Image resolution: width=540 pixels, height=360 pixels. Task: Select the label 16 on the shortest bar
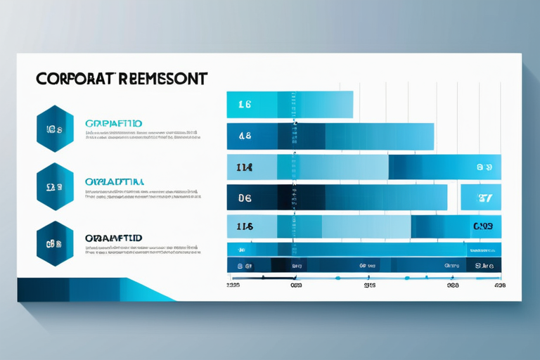tap(245, 105)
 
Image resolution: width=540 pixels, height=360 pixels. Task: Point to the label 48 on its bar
tap(245, 136)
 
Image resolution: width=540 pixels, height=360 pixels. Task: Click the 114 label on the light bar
tap(245, 167)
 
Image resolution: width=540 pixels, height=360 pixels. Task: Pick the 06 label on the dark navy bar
tap(245, 198)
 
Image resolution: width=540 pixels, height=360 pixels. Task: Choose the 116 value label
tap(245, 226)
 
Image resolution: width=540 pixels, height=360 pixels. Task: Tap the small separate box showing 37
tap(484, 198)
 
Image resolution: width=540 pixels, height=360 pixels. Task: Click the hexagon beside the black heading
tap(54, 243)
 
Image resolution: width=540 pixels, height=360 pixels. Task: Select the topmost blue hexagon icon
tap(54, 129)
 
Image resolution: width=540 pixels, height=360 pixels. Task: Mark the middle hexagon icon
tap(54, 187)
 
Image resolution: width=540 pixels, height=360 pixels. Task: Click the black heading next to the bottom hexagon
tap(113, 238)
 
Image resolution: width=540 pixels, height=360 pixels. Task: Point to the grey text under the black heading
tap(141, 251)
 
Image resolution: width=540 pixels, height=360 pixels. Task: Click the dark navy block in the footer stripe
tap(42, 290)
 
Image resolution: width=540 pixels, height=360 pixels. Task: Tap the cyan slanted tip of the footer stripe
tap(151, 290)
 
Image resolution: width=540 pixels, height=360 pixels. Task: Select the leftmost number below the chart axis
tap(233, 286)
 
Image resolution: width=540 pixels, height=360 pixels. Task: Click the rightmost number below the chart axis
tap(499, 286)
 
